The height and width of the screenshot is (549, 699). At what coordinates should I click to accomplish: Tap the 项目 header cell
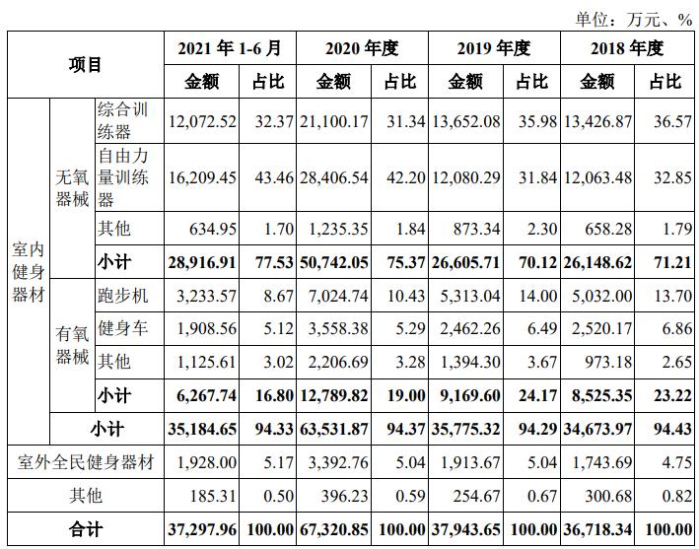[86, 64]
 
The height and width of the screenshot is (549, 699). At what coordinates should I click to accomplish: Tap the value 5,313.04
[466, 296]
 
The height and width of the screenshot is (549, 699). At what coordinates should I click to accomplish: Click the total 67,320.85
[331, 529]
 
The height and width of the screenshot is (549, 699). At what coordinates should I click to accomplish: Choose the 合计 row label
[86, 529]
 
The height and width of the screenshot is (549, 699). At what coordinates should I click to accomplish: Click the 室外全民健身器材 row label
[86, 461]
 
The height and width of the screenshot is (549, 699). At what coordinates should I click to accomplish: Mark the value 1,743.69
[597, 461]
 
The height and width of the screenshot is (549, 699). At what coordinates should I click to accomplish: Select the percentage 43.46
[273, 178]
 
